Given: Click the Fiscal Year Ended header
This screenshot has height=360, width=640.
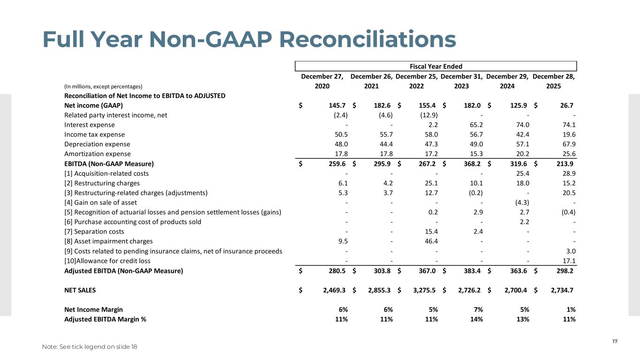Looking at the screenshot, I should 436,67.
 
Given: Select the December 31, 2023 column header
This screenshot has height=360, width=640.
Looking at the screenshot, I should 462,81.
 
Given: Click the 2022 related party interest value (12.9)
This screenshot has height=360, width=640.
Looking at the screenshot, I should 427,115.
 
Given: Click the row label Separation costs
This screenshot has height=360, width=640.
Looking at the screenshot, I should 94,232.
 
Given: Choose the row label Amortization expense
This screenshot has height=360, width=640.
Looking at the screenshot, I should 97,154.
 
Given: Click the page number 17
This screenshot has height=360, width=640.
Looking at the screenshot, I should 615,341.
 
